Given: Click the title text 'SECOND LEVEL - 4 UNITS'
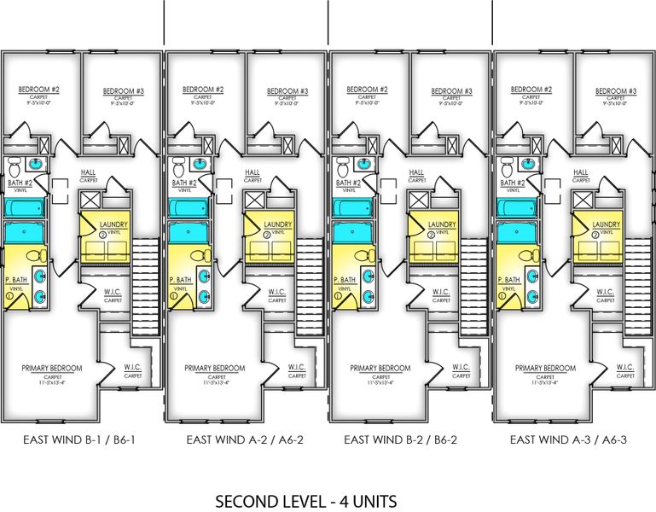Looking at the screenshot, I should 305,500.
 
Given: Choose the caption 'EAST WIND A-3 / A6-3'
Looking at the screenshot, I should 567,440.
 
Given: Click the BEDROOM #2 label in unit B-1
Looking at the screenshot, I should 38,89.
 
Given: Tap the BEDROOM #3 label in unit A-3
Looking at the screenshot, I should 615,91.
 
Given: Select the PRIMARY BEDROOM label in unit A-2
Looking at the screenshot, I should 214,369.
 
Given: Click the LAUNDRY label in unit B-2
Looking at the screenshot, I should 442,224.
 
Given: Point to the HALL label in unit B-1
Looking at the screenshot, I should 88,172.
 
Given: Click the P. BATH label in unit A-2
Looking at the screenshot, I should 179,279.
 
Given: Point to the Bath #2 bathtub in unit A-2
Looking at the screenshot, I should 185,207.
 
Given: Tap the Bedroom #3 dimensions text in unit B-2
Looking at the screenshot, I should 451,104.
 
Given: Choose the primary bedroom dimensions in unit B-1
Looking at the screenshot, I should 52,382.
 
